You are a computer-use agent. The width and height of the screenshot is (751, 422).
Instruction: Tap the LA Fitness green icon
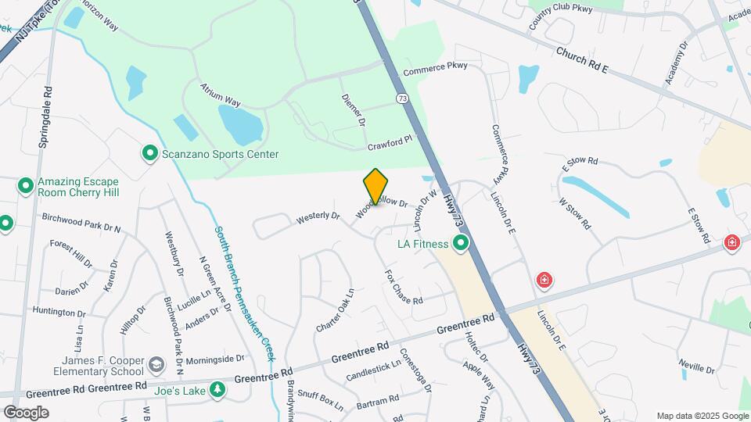click(461, 244)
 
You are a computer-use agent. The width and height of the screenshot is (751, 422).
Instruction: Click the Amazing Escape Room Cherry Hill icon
click(26, 186)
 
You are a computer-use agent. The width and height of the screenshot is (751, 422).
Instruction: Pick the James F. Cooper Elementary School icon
click(156, 365)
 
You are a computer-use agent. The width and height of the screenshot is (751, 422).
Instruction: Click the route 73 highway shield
click(402, 98)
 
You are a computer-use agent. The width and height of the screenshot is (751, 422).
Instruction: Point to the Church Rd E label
click(583, 61)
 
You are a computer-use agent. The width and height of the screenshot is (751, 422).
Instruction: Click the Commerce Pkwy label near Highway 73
click(435, 69)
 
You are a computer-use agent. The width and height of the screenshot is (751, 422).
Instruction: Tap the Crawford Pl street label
click(389, 143)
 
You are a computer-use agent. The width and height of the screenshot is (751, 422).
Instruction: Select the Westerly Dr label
click(318, 218)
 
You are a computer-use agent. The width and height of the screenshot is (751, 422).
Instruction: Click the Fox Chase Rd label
click(403, 288)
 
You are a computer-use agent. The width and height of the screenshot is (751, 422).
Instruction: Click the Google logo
click(26, 412)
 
